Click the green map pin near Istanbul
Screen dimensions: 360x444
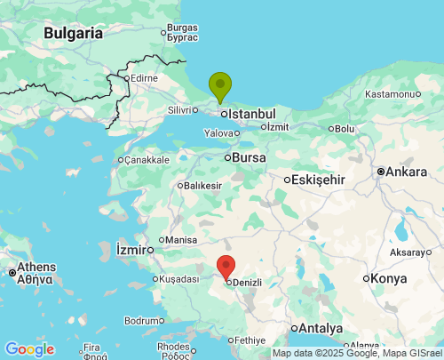pyautogui.click(x=220, y=86)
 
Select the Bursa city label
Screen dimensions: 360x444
pyautogui.click(x=249, y=157)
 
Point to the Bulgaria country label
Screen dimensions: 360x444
pyautogui.click(x=73, y=33)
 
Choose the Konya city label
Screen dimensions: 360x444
pyautogui.click(x=390, y=278)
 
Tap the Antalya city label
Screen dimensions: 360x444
pyautogui.click(x=321, y=328)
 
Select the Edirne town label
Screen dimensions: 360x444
pyautogui.click(x=143, y=78)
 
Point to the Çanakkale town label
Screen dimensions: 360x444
pyautogui.click(x=146, y=160)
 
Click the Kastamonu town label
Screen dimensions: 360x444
pyautogui.click(x=391, y=94)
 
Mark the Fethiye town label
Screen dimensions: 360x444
pyautogui.click(x=250, y=340)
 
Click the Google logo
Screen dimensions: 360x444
pyautogui.click(x=29, y=349)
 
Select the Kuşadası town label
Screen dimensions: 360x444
pyautogui.click(x=180, y=279)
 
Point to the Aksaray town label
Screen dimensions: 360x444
pyautogui.click(x=408, y=252)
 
